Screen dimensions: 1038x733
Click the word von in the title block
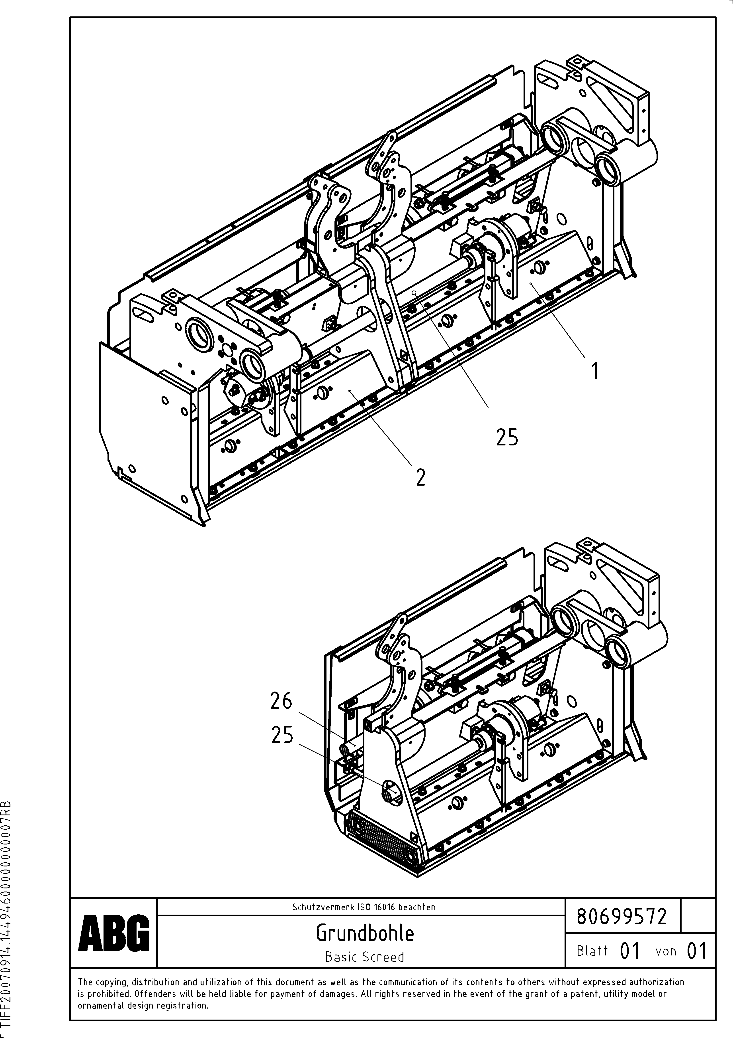pyautogui.click(x=666, y=951)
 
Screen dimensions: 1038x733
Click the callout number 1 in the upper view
pyautogui.click(x=595, y=371)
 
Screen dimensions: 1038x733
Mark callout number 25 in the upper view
pyautogui.click(x=507, y=437)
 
